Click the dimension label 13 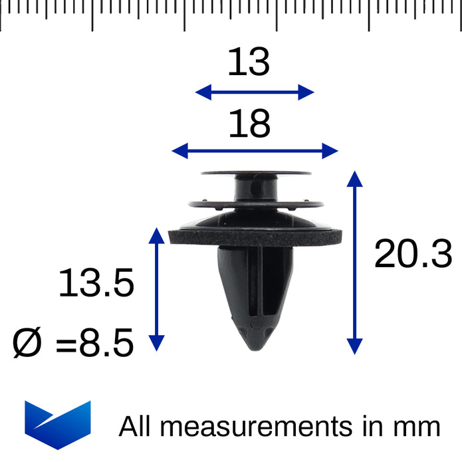coord(249,62)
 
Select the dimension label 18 coord(249,123)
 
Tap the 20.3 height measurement coord(413,254)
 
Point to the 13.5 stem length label coord(96,283)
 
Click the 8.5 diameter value coord(106,342)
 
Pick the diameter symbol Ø coord(27,342)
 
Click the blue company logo coord(58,425)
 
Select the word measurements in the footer coord(257,427)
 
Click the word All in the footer coord(135,426)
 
